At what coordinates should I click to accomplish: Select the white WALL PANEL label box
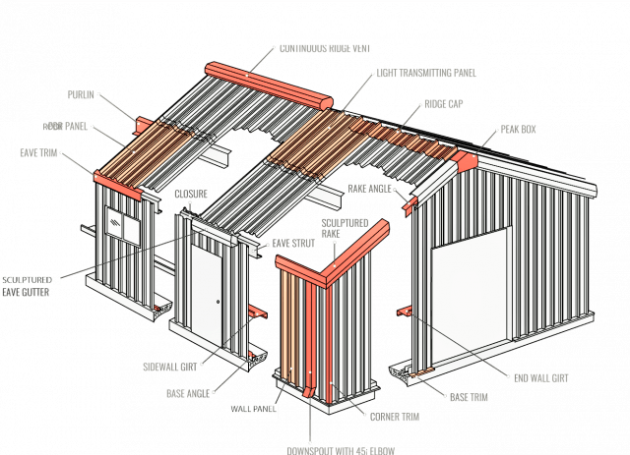248,407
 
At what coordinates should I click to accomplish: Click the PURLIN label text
82,95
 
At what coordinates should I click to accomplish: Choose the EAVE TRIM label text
37,152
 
